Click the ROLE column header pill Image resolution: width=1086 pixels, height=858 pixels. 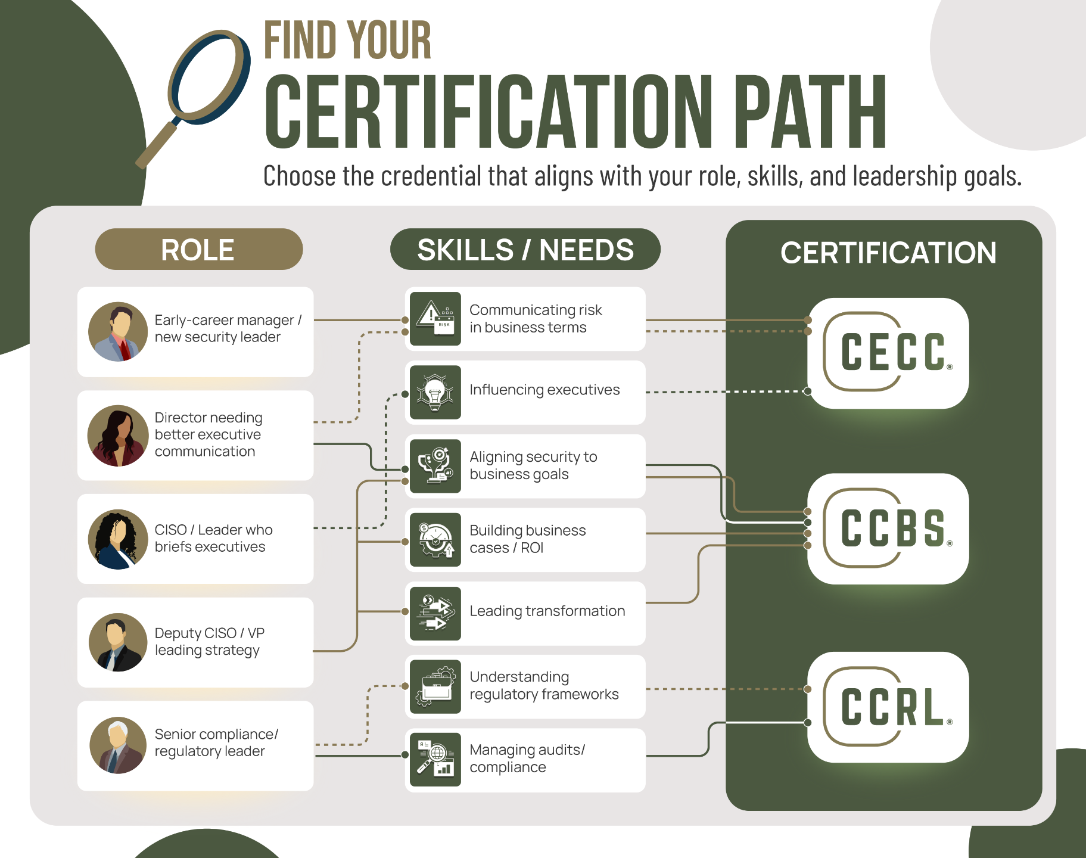click(198, 249)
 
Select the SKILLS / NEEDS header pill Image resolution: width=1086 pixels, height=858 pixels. click(525, 249)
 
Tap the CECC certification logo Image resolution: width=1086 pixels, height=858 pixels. click(888, 353)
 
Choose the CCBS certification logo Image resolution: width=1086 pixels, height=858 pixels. click(888, 529)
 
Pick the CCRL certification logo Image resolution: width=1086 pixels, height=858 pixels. click(888, 707)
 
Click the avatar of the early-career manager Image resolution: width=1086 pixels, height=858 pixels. click(118, 331)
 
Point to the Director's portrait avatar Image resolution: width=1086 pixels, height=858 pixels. click(118, 436)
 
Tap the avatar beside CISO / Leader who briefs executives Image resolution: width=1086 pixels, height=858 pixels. click(118, 539)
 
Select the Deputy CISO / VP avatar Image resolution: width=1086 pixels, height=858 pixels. click(118, 642)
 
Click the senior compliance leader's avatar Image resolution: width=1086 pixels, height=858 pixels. click(118, 745)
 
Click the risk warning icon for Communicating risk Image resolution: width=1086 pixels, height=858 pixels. click(435, 318)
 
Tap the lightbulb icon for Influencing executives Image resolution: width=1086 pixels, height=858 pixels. click(435, 392)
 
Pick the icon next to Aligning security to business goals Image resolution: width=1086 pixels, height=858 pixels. click(435, 466)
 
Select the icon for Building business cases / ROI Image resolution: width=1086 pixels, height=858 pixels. click(435, 540)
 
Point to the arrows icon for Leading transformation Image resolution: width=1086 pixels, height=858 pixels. click(435, 613)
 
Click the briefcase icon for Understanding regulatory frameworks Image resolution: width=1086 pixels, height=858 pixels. click(435, 686)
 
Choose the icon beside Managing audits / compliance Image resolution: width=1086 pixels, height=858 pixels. click(435, 760)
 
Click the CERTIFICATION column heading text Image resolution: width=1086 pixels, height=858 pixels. click(888, 253)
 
